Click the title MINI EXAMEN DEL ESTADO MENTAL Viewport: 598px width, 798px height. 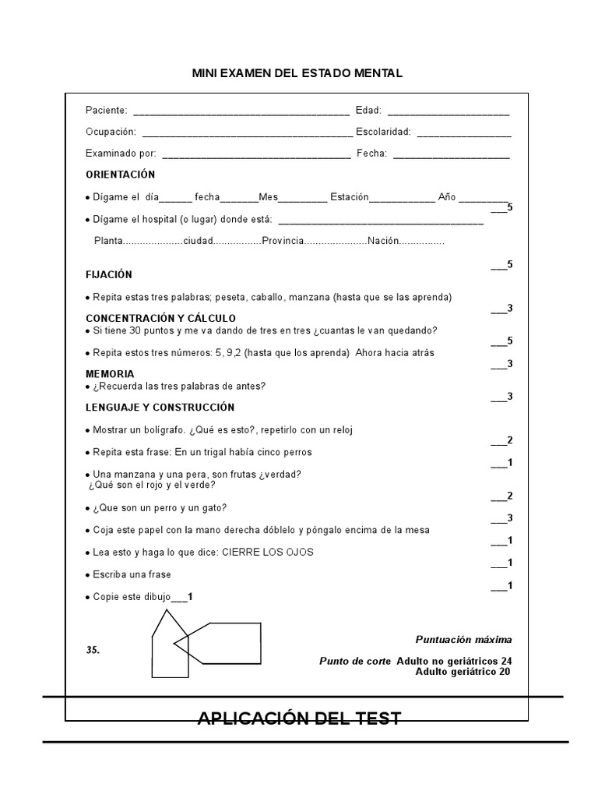297,73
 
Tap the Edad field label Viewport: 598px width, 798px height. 368,110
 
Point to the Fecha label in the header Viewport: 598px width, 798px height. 371,154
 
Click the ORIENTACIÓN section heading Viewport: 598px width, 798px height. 120,175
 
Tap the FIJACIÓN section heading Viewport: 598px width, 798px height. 109,274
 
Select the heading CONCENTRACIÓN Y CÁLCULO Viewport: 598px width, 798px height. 160,318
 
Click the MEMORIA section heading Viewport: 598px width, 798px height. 110,374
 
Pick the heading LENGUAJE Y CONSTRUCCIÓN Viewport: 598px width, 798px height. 160,407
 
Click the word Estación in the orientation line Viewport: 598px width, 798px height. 349,197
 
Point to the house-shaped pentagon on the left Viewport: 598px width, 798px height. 168,647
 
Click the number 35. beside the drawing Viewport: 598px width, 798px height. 93,649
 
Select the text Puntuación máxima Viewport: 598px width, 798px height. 463,640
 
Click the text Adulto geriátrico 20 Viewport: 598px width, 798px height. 463,671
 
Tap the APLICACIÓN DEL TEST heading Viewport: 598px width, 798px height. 299,718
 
